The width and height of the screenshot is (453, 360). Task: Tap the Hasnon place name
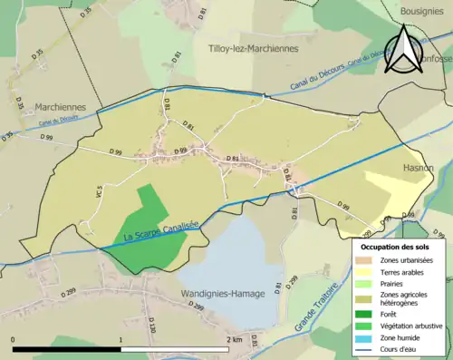click(419, 168)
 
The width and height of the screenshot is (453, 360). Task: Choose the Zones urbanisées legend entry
click(405, 260)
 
